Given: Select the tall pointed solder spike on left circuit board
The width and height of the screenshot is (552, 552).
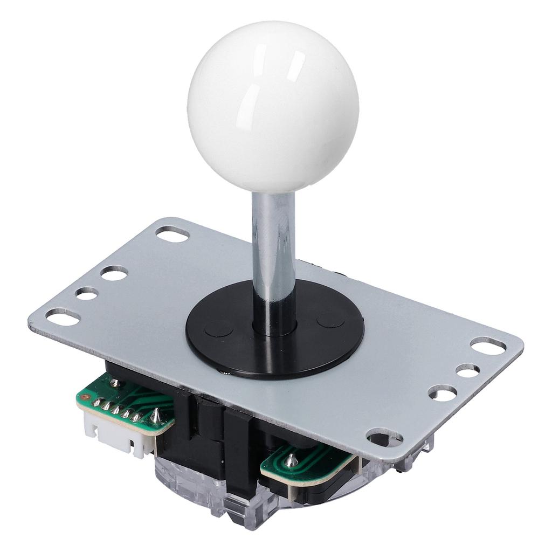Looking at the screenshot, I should (x=155, y=415).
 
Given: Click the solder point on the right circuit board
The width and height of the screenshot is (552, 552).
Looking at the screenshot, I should (x=292, y=460).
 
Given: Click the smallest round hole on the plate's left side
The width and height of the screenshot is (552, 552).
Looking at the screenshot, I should (x=86, y=293).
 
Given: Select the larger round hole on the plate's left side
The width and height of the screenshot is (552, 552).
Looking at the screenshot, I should (x=114, y=273).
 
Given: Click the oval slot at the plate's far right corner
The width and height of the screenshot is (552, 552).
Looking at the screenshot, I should (x=488, y=346).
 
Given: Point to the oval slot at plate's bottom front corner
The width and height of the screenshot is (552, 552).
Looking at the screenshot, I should (x=384, y=437).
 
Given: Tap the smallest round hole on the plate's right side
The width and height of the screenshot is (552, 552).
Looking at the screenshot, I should (x=467, y=370).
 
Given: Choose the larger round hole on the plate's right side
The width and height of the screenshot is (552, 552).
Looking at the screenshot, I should (x=443, y=393).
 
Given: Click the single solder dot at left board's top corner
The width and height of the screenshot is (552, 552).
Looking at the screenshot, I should (x=115, y=383).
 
